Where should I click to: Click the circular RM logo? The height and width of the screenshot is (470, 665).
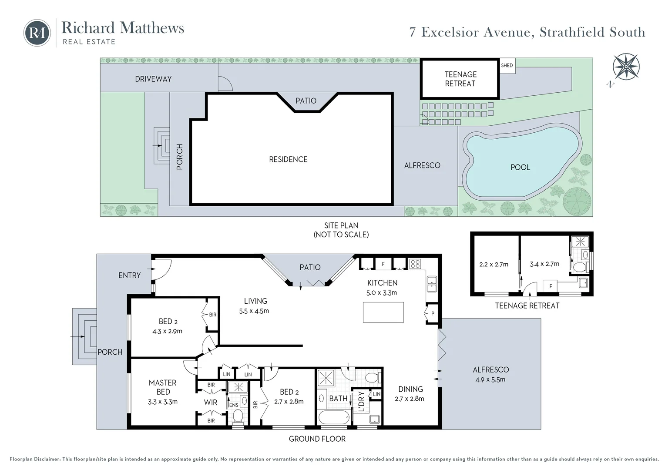pyautogui.click(x=37, y=33)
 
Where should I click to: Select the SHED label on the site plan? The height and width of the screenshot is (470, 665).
pyautogui.click(x=507, y=66)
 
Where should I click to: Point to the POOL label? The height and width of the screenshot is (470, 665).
pyautogui.click(x=520, y=167)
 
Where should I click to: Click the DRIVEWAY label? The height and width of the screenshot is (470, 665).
pyautogui.click(x=153, y=79)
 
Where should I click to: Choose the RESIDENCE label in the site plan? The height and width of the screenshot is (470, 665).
pyautogui.click(x=288, y=159)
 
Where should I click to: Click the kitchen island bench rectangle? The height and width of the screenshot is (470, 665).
pyautogui.click(x=383, y=312)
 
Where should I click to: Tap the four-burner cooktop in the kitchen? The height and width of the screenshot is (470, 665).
pyautogui.click(x=415, y=263)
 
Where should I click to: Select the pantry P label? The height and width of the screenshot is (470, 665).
pyautogui.click(x=433, y=313)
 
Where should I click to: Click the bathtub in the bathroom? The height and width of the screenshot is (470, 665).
pyautogui.click(x=334, y=417)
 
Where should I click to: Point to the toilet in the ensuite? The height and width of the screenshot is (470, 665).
pyautogui.click(x=238, y=417)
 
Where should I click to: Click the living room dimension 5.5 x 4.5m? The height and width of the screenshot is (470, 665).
pyautogui.click(x=254, y=311)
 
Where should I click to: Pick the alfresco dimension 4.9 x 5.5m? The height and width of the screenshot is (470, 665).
pyautogui.click(x=490, y=379)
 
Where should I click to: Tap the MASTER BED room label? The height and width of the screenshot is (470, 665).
pyautogui.click(x=162, y=387)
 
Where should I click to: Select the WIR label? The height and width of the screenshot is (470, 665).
pyautogui.click(x=211, y=403)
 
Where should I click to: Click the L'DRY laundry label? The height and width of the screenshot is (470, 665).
pyautogui.click(x=361, y=403)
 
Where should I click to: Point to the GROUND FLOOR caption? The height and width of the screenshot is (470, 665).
pyautogui.click(x=317, y=439)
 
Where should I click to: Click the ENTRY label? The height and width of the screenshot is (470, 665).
pyautogui.click(x=129, y=275)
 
